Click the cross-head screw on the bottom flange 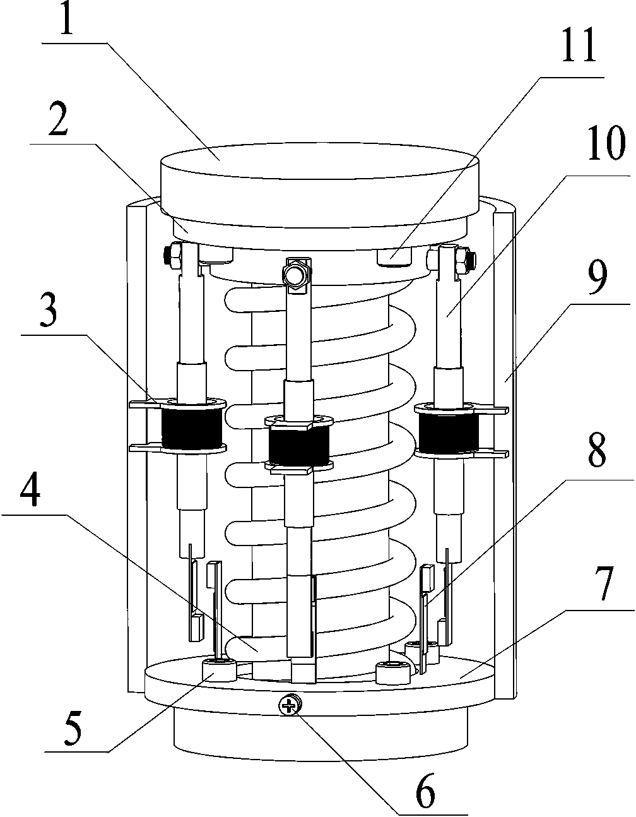[289, 705]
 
